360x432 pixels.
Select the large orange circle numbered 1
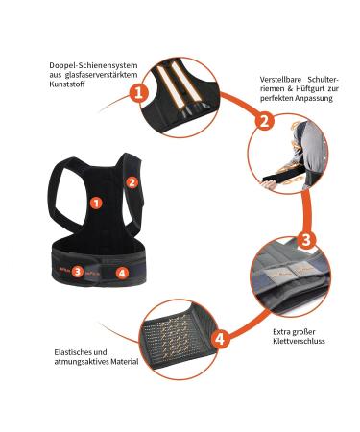(138, 93)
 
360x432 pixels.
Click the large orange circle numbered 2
(262, 121)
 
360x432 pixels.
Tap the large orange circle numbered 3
(304, 239)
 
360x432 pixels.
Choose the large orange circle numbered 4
(219, 338)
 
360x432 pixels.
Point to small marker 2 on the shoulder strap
(133, 180)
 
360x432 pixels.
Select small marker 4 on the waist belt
(121, 273)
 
